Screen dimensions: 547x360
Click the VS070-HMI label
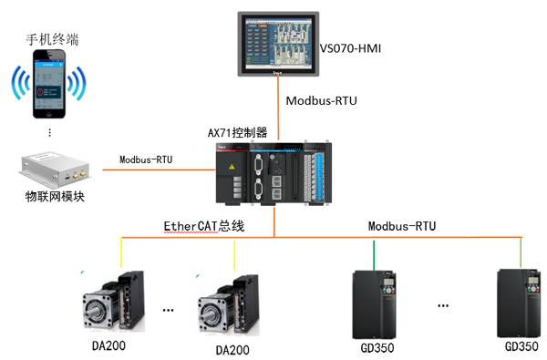pyautogui.click(x=350, y=48)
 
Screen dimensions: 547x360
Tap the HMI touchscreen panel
pyautogui.click(x=278, y=44)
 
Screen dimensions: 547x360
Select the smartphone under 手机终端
pyautogui.click(x=49, y=84)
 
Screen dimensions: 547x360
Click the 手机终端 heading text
pyautogui.click(x=52, y=39)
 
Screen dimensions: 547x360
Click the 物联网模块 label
pyautogui.click(x=55, y=197)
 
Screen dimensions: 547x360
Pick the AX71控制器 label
pyautogui.click(x=238, y=133)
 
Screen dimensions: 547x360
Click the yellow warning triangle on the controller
pyautogui.click(x=232, y=167)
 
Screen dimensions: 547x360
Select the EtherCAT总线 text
pyautogui.click(x=204, y=226)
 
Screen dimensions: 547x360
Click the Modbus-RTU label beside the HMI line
pyautogui.click(x=322, y=101)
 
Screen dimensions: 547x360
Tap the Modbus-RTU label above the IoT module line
pyautogui.click(x=146, y=159)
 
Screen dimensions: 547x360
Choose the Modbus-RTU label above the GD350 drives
pyautogui.click(x=402, y=226)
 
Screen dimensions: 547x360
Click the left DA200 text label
pyautogui.click(x=108, y=345)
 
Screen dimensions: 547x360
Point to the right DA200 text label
pyautogui.click(x=232, y=350)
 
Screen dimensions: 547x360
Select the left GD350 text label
pyautogui.click(x=377, y=348)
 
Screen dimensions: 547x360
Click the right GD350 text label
pyautogui.click(x=521, y=346)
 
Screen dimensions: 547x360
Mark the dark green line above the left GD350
pyautogui.click(x=374, y=255)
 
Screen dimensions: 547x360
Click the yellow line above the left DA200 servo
pyautogui.click(x=121, y=252)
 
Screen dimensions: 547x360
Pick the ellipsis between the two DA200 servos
pyautogui.click(x=168, y=310)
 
